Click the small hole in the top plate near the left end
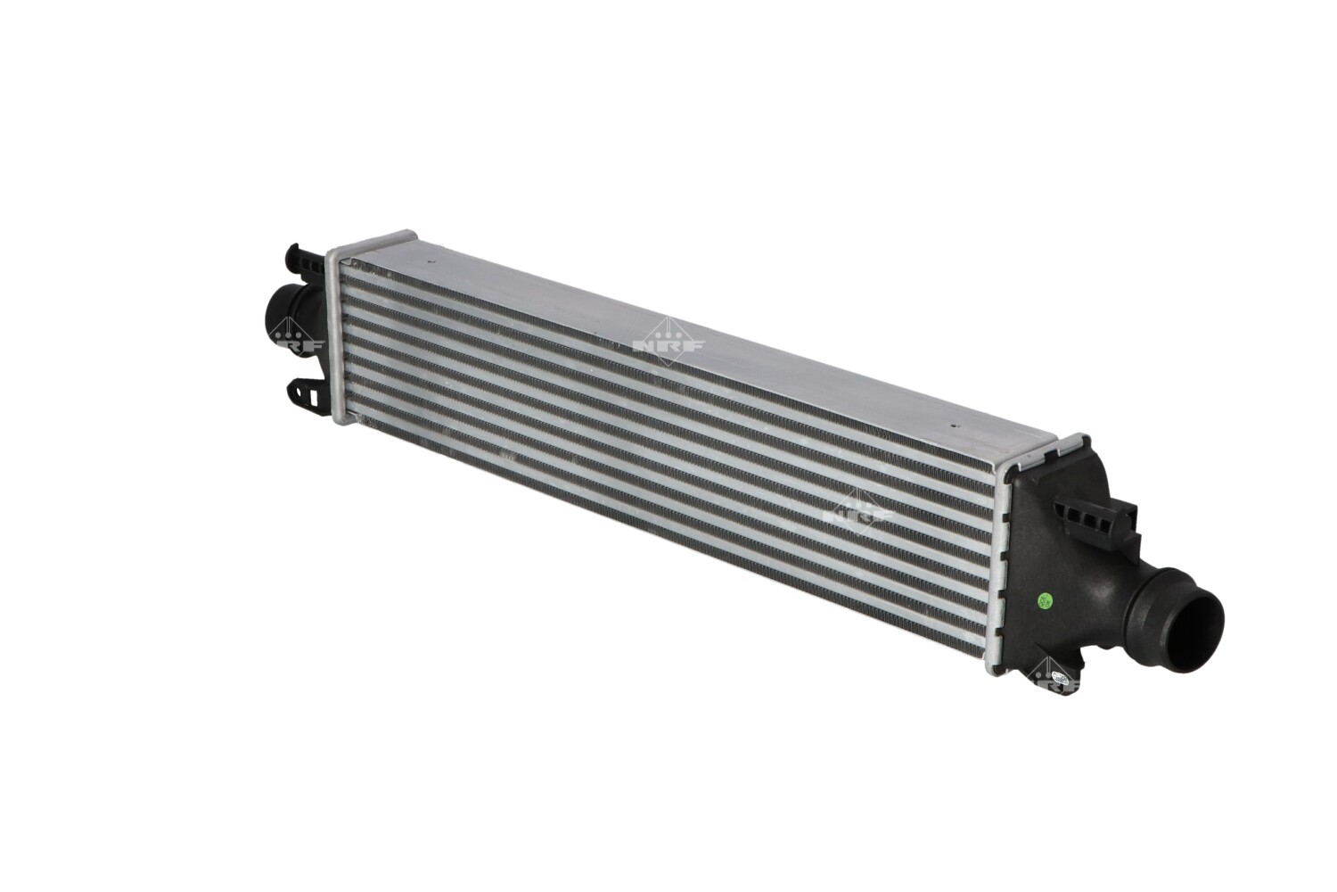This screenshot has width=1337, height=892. [x=427, y=263]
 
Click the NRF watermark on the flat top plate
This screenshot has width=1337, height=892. [x=668, y=343]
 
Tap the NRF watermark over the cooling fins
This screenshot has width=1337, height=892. [x=860, y=515]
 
